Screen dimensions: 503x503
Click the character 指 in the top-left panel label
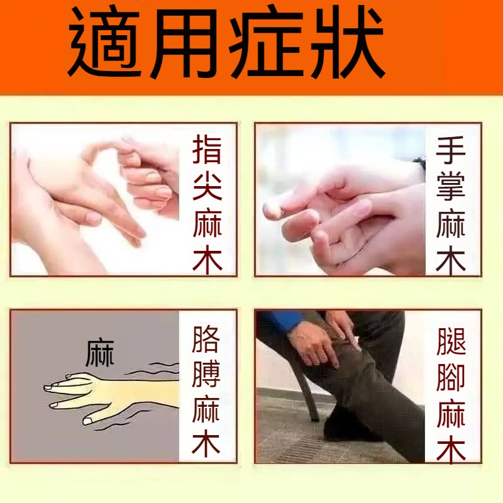207,149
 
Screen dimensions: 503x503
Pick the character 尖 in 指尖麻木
207,186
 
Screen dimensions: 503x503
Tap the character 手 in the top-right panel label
451,150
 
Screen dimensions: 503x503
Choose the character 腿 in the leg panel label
451,341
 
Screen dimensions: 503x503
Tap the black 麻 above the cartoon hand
100,353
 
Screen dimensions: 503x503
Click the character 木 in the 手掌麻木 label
451,260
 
